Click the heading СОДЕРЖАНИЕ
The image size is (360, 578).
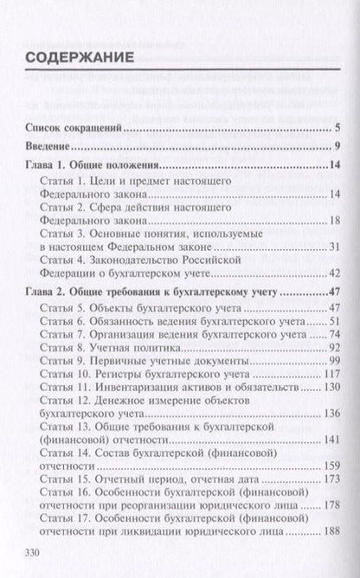click(79, 60)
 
